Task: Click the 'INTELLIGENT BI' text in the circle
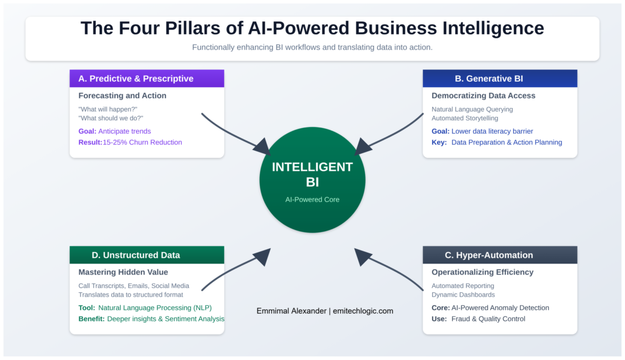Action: pos(312,175)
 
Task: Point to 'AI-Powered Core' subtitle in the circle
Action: pos(312,200)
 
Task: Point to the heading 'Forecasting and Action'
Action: pos(122,96)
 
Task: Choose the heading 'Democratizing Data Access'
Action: pos(483,96)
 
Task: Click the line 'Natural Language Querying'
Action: pos(472,109)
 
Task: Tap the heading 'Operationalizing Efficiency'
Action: pos(482,272)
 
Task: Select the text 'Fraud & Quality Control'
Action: pos(488,319)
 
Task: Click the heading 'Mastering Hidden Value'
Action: pos(123,272)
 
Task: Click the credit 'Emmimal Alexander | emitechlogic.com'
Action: pos(325,311)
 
